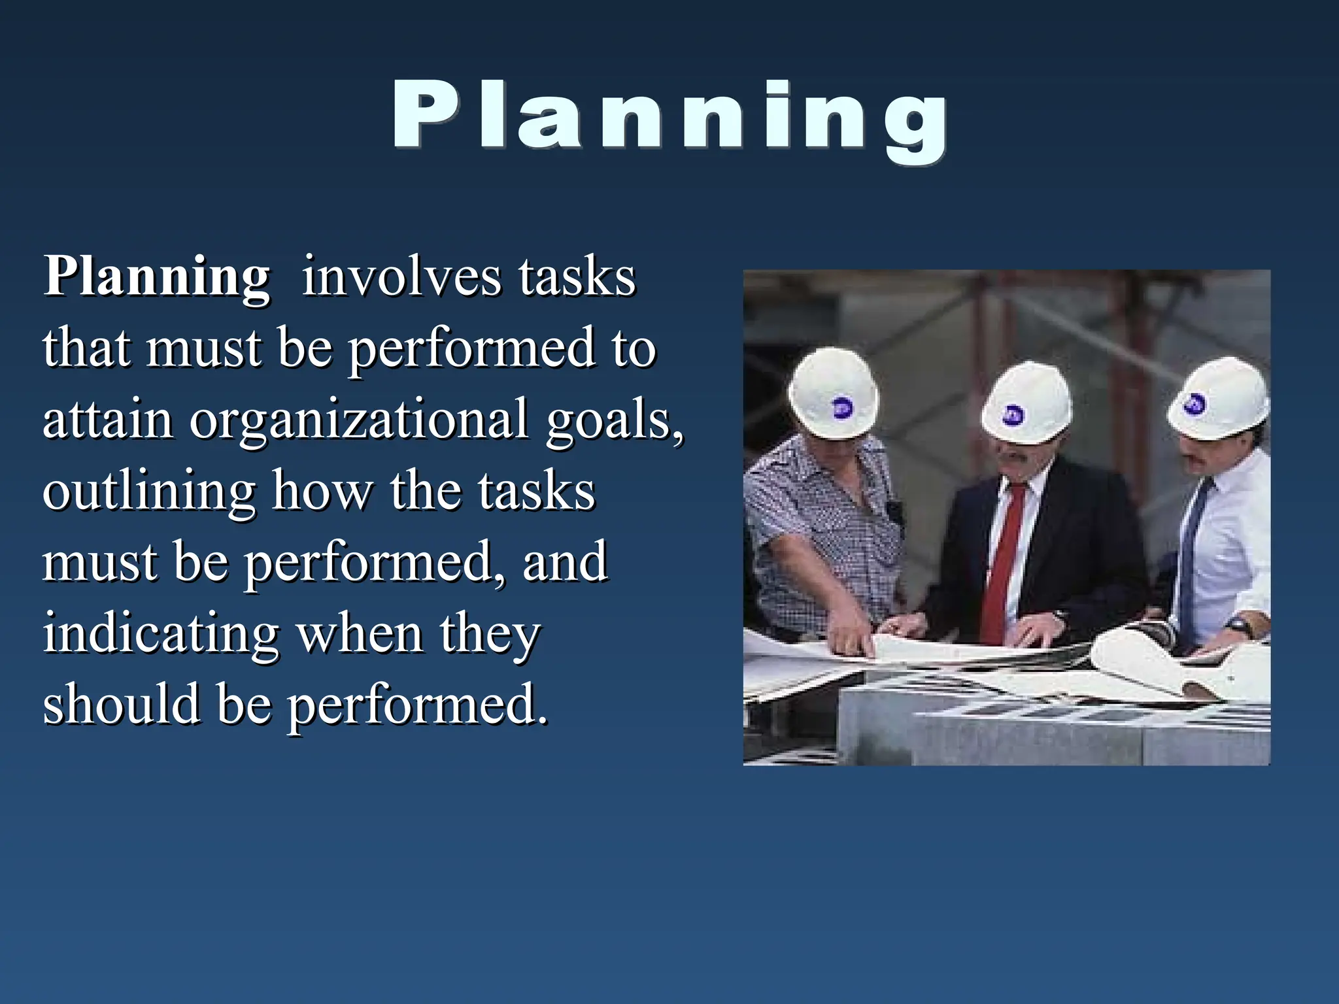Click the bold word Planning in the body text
tap(157, 277)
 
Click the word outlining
tap(148, 492)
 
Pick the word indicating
tap(161, 634)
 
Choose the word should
tap(121, 704)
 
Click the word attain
tap(108, 420)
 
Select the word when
tap(360, 634)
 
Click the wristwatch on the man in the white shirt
tap(1238, 626)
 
